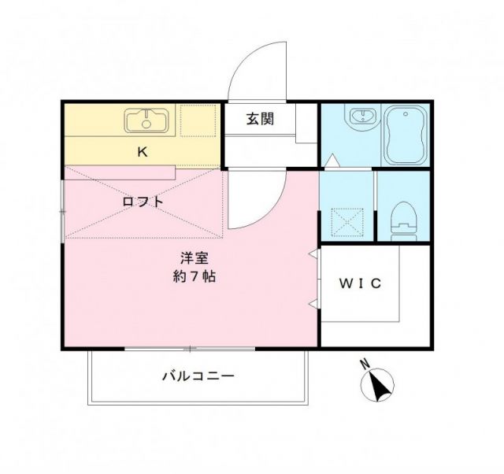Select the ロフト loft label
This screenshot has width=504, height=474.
[x=143, y=202]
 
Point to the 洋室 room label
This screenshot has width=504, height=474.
[x=194, y=258]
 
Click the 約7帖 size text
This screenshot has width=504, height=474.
[x=195, y=276]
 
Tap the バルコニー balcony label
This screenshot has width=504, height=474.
[x=198, y=376]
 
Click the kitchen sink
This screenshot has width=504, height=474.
[x=146, y=120]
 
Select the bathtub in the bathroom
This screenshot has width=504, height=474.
[x=406, y=134]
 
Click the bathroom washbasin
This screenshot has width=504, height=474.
[x=361, y=118]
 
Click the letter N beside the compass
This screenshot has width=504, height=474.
[x=364, y=365]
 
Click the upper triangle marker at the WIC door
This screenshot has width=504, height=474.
[x=314, y=254]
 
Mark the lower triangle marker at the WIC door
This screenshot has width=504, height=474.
[x=314, y=304]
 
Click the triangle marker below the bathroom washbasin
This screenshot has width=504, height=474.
[x=333, y=161]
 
